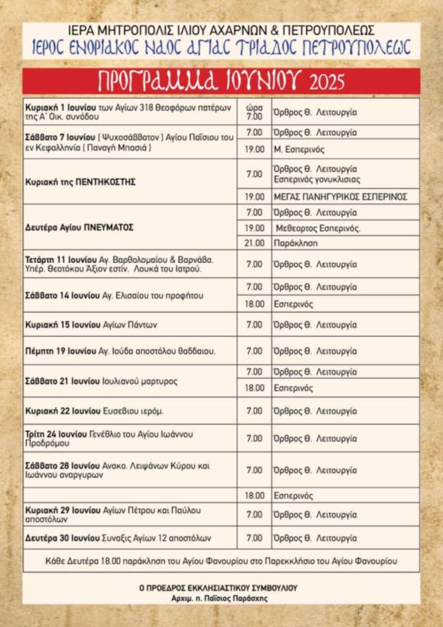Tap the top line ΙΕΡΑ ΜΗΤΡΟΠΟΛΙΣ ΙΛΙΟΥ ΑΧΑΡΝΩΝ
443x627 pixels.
click(221, 31)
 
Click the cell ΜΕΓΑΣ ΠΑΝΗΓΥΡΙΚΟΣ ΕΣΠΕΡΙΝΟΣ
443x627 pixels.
click(339, 196)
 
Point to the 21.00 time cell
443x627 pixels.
click(254, 243)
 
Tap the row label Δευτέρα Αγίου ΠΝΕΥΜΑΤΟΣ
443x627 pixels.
click(80, 227)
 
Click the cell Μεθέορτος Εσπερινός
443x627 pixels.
click(318, 228)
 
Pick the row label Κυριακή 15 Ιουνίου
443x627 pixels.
click(91, 325)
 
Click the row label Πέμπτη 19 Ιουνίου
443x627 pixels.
click(120, 351)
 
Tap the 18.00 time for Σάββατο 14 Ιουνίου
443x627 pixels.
click(254, 304)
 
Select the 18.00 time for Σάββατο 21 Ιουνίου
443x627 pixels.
click(254, 388)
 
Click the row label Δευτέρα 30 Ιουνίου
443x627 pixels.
click(118, 538)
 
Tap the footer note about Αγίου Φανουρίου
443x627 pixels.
click(221, 561)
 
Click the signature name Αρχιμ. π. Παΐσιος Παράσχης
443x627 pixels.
click(220, 598)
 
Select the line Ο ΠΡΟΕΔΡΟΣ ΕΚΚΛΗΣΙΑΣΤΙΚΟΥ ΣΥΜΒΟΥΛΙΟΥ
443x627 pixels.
click(220, 588)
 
